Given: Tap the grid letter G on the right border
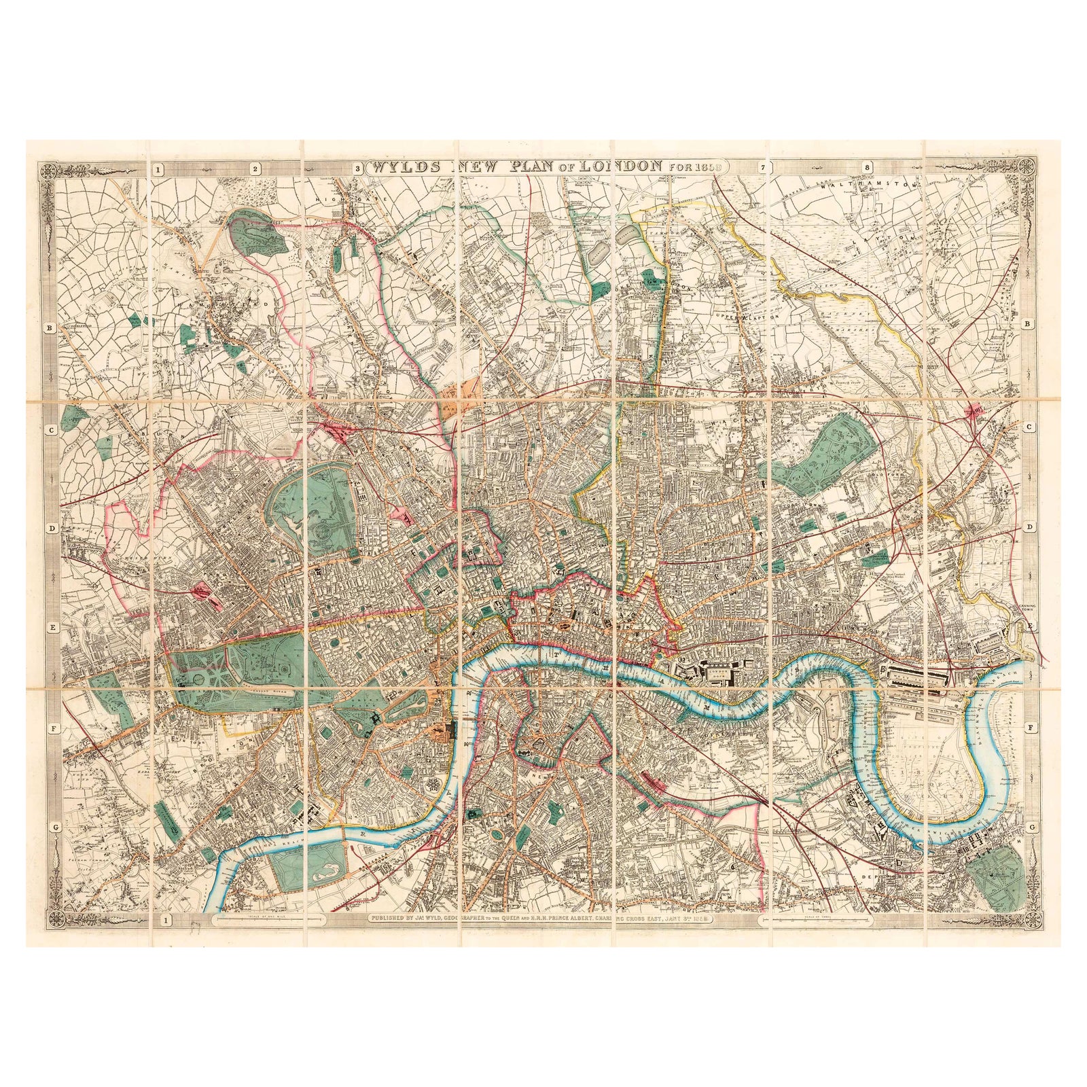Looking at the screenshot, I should (1031, 827).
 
